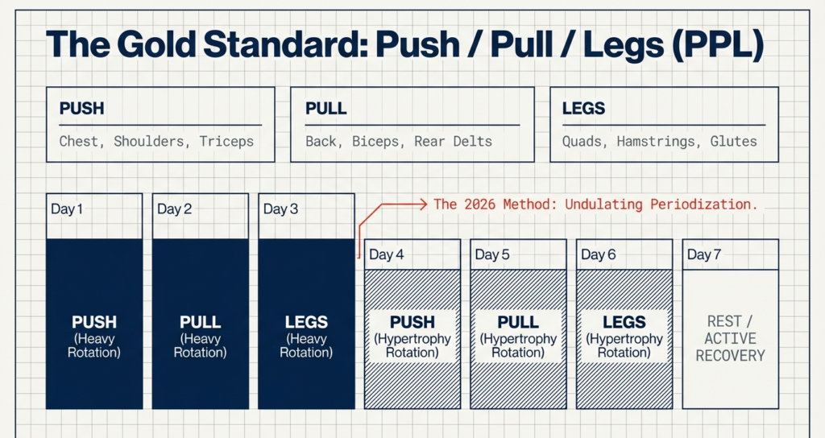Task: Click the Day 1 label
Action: pos(67,209)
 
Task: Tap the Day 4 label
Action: pos(386,255)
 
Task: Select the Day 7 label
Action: pos(704,255)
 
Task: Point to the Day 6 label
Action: pos(598,255)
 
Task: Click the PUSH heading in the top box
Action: pos(81,108)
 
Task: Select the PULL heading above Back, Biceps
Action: pos(326,108)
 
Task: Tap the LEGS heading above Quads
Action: pos(583,108)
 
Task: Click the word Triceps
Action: pos(226,142)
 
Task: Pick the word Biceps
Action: pos(375,142)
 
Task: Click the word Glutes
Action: pos(733,142)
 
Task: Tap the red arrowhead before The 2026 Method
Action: pos(421,205)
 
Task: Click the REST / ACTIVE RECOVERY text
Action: pos(731,338)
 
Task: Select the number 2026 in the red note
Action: pos(482,205)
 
